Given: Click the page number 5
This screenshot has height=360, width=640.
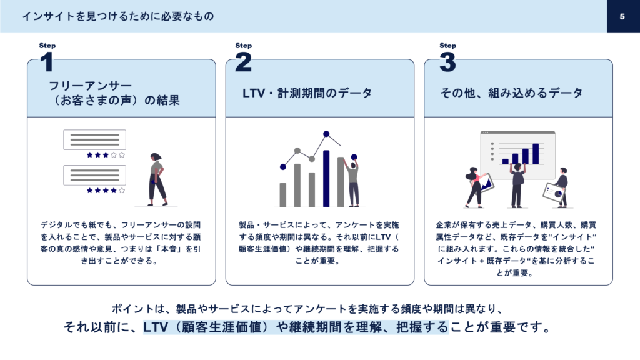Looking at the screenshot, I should (622, 16).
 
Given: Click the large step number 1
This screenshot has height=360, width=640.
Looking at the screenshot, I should (47, 63).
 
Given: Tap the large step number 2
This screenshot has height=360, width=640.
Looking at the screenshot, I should (243, 63).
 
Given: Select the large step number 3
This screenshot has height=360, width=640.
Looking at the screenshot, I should (447, 63).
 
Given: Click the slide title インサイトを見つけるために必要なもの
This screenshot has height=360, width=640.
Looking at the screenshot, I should (118, 16).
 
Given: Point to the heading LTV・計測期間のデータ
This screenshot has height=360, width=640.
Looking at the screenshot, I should (307, 93).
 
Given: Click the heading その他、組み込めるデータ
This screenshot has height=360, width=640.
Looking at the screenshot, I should (511, 93).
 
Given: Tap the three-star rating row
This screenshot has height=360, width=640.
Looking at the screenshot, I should (106, 154).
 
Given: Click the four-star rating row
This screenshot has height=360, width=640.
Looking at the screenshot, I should (106, 190).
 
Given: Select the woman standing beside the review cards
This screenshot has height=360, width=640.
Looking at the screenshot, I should (156, 179).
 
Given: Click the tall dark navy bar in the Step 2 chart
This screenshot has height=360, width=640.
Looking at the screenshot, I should (326, 178).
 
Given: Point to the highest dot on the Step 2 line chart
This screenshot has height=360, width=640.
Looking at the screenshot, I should (326, 134).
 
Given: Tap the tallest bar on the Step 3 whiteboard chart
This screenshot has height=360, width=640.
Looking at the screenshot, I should (535, 153).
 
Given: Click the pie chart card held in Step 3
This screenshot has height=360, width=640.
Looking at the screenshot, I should (552, 192).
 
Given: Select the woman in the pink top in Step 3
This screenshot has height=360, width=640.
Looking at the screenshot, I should (474, 186).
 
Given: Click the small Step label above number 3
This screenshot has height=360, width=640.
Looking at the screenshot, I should (447, 46).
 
